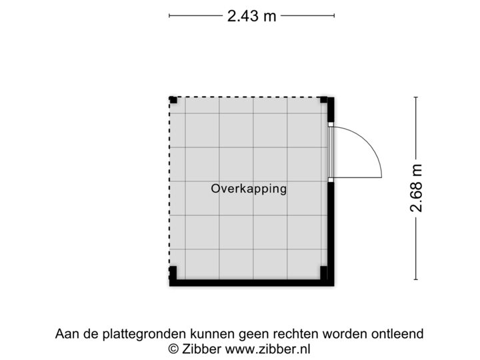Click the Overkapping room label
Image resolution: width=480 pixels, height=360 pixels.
(x=249, y=189)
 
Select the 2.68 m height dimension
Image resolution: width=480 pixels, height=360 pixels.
(x=417, y=189)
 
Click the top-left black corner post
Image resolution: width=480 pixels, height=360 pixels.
(x=172, y=99)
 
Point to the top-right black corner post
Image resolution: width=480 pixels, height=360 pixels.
(x=324, y=99)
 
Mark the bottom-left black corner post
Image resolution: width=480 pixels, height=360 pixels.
(x=172, y=273)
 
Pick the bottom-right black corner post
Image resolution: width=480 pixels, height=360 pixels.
(x=324, y=273)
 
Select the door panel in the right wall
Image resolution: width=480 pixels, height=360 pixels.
(x=331, y=151)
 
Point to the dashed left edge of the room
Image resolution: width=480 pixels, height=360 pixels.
(x=169, y=187)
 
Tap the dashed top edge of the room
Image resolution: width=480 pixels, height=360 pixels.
(x=247, y=96)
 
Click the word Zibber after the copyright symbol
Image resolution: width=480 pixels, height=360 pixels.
(x=202, y=348)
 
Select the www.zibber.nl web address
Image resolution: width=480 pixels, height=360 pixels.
(x=269, y=348)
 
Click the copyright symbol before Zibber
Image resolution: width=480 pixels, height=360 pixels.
(x=173, y=348)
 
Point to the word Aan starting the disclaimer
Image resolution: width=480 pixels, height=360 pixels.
(x=66, y=333)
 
